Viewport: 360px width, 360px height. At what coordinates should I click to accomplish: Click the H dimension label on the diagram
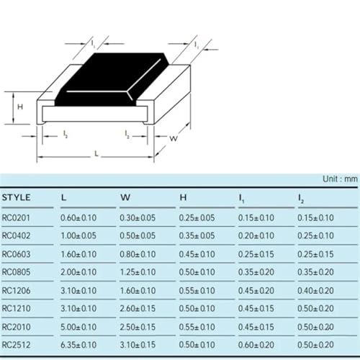(x=20, y=107)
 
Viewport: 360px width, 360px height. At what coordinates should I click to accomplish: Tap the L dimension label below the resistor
(x=96, y=153)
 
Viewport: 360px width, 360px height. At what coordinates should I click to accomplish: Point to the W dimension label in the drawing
(x=174, y=138)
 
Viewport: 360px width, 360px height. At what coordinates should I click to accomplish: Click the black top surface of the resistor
(x=111, y=79)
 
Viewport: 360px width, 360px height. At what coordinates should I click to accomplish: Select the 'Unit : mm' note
(x=340, y=179)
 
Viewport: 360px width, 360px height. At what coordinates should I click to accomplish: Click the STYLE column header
(x=17, y=197)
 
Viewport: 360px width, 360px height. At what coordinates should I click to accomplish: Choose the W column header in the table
(x=125, y=197)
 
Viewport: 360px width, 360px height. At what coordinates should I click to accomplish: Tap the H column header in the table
(x=183, y=197)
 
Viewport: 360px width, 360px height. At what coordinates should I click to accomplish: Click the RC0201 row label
(x=16, y=218)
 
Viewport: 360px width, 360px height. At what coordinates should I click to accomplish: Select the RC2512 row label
(x=16, y=345)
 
